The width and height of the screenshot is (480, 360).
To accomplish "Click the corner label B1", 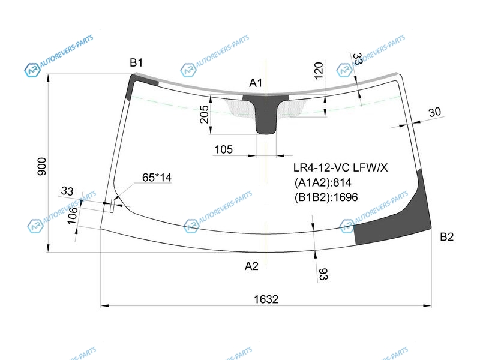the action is pos(136,63).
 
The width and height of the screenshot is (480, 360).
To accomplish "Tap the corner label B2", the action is pos(446,236).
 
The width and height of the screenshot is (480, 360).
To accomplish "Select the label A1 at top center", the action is pos(256,83).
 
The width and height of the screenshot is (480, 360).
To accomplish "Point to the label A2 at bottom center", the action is pos(251,266).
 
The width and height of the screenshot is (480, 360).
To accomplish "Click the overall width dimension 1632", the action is pos(266,299).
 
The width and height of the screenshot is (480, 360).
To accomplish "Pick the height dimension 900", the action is pos(41,167).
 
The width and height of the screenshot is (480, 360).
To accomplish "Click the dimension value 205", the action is pos(204,114).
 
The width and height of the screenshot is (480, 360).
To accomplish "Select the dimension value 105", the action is pos(223,149).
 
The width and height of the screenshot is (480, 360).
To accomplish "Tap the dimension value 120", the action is pos(319,70).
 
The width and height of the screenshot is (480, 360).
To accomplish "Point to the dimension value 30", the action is pos(434,112).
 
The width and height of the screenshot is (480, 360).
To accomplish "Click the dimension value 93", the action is pos(323,274).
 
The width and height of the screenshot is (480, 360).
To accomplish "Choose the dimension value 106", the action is pos(72,215).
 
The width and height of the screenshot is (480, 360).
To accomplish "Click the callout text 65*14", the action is pos(157,178).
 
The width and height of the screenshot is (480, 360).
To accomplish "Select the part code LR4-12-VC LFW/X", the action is pos(340,167).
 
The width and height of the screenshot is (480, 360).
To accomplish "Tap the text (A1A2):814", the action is pos(323,182).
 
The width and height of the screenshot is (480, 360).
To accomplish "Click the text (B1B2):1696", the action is pos(326,197).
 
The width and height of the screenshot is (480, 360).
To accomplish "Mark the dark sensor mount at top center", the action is pos(266,113).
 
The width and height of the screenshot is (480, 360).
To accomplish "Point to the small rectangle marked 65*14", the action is pos(113,205).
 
